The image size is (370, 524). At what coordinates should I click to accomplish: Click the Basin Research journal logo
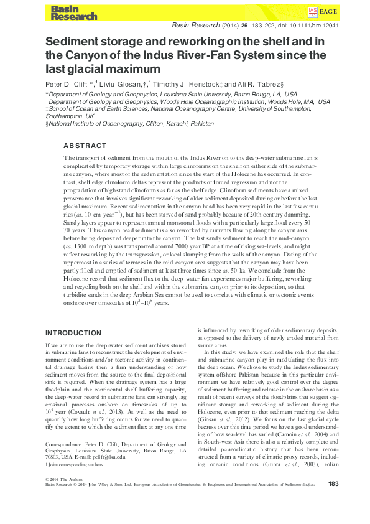[67, 12]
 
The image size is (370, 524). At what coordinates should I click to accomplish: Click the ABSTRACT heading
[85, 145]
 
